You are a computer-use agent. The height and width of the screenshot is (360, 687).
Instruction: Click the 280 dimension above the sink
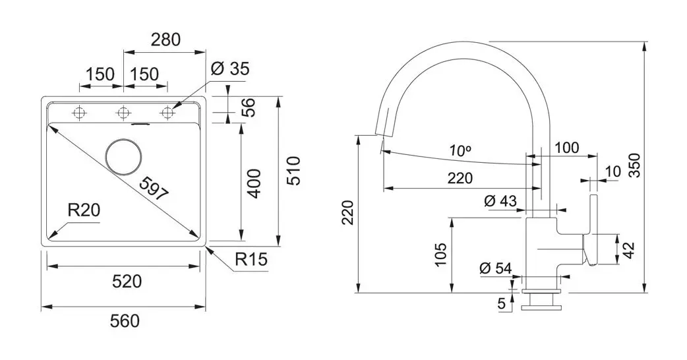coord(165,40)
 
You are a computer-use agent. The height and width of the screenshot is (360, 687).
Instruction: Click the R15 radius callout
coord(251,260)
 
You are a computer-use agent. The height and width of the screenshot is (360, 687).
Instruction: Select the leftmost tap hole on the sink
coord(80,113)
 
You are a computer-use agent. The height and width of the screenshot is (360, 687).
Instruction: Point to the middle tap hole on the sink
coord(123,113)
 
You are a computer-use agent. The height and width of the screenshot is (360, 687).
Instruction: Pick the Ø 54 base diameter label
coord(496,268)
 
